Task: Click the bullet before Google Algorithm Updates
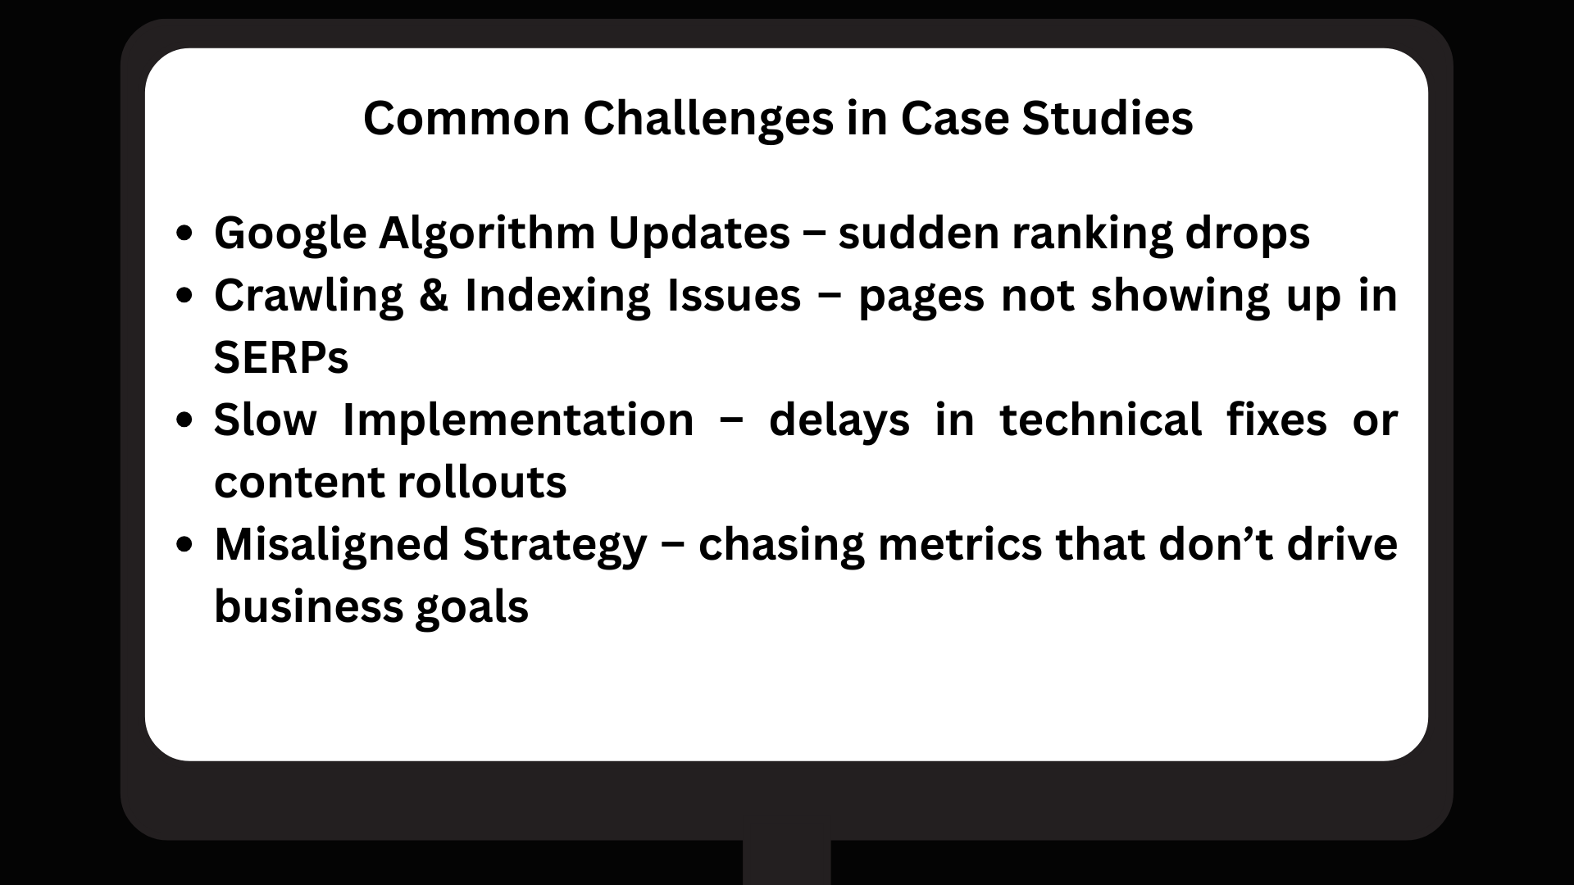(x=185, y=234)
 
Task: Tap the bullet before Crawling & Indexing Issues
(x=185, y=296)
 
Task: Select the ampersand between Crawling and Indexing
(x=434, y=296)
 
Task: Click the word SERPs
(x=281, y=358)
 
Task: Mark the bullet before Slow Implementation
(x=185, y=420)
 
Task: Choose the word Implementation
(x=518, y=420)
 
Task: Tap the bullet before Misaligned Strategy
(x=185, y=544)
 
